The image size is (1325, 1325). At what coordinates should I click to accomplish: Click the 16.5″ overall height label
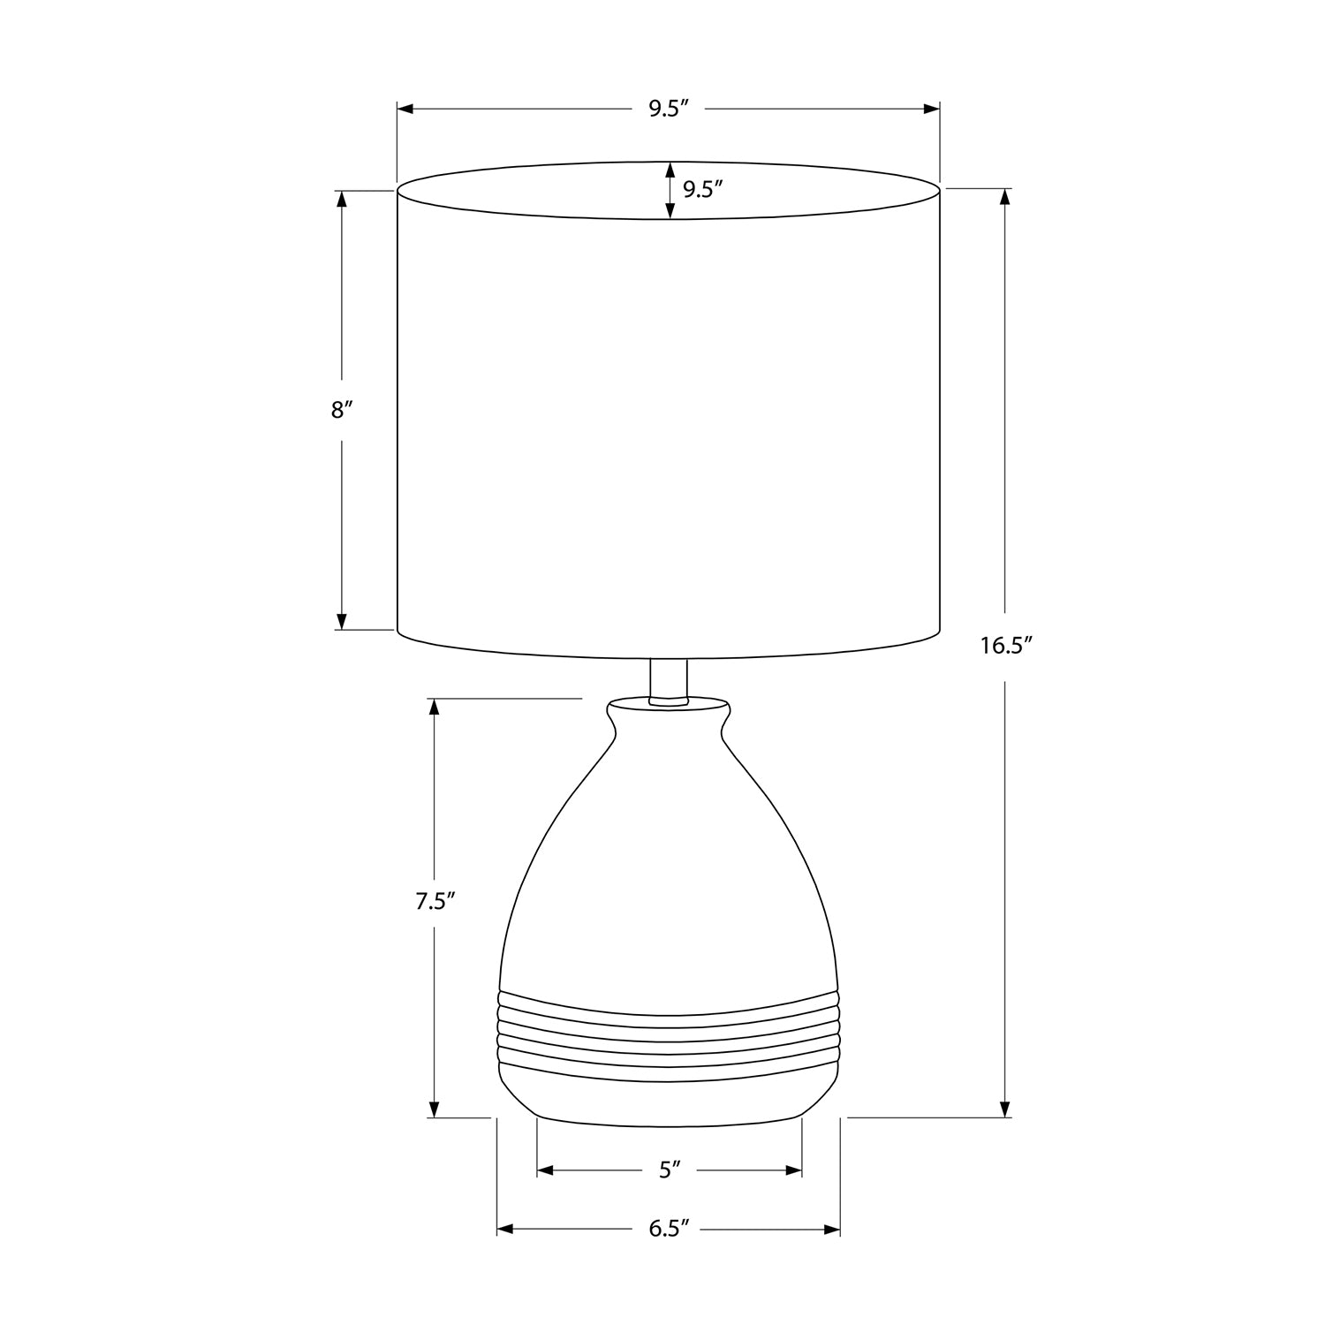(x=1005, y=646)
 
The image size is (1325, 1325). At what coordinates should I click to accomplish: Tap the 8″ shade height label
(x=342, y=410)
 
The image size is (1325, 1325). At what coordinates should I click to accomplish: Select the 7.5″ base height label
(x=435, y=902)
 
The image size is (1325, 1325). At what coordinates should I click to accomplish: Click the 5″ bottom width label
(x=670, y=1170)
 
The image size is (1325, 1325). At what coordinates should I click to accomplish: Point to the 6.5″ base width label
(x=668, y=1229)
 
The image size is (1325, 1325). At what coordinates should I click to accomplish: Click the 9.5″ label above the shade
(x=668, y=109)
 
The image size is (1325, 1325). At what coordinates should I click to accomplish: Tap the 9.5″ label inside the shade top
(x=702, y=190)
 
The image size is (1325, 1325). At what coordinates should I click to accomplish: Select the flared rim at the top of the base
(x=669, y=708)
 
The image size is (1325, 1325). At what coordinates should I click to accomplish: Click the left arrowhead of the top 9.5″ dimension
(x=405, y=109)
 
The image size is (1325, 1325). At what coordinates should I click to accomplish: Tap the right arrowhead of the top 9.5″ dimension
(x=931, y=109)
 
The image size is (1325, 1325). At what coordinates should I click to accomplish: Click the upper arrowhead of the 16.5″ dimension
(x=1004, y=197)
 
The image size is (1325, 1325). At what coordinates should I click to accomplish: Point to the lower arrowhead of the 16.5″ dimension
(x=1004, y=1109)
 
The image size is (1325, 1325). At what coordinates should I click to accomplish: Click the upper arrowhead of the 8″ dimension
(x=342, y=199)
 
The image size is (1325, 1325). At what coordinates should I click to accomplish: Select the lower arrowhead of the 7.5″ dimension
(x=434, y=1109)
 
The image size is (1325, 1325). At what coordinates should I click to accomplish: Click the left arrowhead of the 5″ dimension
(x=545, y=1170)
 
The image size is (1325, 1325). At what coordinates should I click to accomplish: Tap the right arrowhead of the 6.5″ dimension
(x=831, y=1229)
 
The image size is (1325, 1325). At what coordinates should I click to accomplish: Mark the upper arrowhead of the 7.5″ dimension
(x=434, y=707)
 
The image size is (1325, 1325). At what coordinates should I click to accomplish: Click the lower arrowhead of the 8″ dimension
(x=342, y=622)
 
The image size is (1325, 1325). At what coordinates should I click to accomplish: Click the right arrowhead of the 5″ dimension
(x=793, y=1170)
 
